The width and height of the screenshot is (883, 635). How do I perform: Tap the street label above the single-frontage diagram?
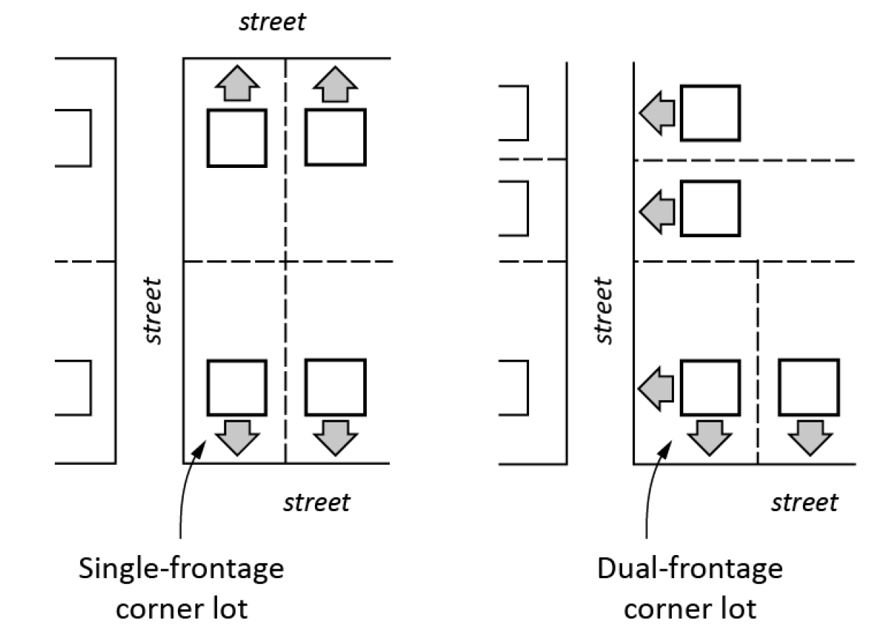click(272, 22)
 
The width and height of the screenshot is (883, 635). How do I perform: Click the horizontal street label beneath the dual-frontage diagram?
click(804, 502)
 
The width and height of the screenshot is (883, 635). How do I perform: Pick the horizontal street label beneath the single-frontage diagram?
click(316, 502)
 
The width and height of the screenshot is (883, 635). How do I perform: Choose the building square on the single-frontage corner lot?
click(236, 388)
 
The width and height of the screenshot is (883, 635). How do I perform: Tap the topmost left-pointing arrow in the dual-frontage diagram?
click(657, 113)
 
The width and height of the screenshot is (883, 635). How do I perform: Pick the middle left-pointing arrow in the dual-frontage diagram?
click(657, 208)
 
